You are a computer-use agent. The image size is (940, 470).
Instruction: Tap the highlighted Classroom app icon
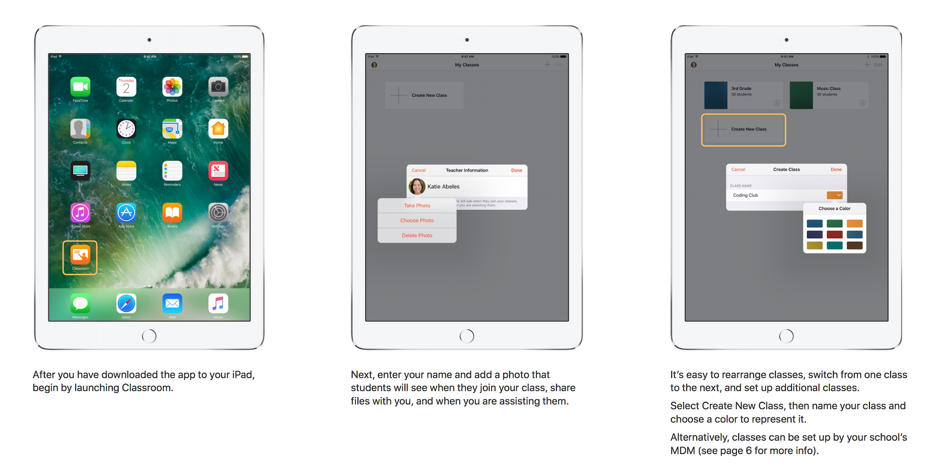click(80, 255)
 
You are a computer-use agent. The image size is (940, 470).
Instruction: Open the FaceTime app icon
click(80, 87)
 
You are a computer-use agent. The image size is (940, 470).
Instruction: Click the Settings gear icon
click(218, 213)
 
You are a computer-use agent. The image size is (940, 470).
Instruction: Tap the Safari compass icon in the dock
click(126, 303)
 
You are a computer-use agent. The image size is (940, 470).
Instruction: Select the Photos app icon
click(172, 87)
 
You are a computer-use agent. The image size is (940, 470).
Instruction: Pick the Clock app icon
click(126, 129)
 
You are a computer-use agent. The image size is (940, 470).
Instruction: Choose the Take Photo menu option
click(417, 206)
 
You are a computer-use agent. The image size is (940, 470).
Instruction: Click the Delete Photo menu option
click(417, 235)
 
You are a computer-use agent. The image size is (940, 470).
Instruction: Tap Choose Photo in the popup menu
click(417, 221)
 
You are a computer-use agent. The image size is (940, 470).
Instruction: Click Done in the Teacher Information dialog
click(517, 170)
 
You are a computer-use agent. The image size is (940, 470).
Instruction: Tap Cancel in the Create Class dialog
click(738, 170)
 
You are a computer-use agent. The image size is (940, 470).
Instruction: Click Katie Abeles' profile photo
click(417, 186)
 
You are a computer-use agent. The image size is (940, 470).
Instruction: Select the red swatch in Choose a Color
click(835, 235)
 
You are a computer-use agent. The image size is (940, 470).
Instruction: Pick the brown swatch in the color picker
click(855, 246)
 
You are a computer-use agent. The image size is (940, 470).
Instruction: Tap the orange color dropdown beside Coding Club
click(835, 195)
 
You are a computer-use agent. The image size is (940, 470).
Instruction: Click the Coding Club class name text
click(746, 195)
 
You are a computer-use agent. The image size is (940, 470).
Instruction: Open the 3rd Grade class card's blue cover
click(716, 95)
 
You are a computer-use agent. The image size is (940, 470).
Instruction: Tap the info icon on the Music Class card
click(862, 103)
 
